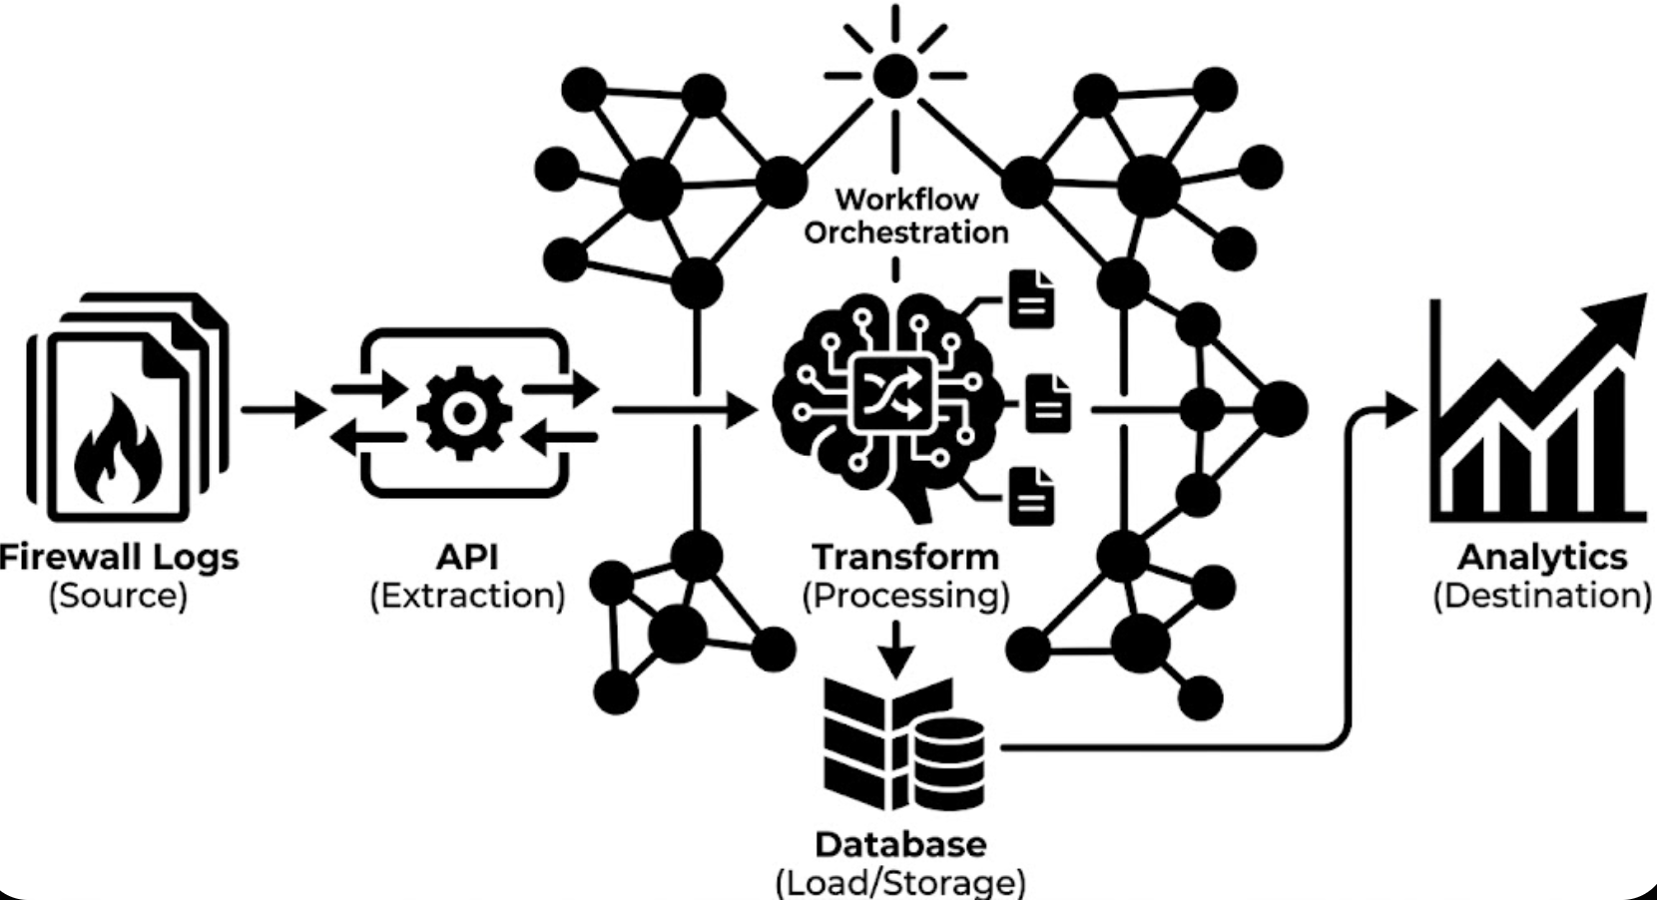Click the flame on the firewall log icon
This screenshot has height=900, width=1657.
pyautogui.click(x=118, y=448)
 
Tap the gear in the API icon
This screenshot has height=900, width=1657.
pyautogui.click(x=463, y=412)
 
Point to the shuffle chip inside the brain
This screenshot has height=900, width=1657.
pyautogui.click(x=892, y=391)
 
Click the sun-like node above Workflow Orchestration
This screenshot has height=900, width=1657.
pyautogui.click(x=894, y=75)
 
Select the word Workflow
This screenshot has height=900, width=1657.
pyautogui.click(x=906, y=199)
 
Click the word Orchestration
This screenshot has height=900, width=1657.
pyautogui.click(x=906, y=232)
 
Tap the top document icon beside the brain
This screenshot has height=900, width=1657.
pyautogui.click(x=1031, y=299)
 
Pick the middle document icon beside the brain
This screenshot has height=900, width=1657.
pyautogui.click(x=1048, y=403)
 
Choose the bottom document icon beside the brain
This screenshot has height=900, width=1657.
pyautogui.click(x=1031, y=496)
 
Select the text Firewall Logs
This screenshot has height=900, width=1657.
pyautogui.click(x=120, y=556)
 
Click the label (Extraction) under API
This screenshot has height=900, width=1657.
pyautogui.click(x=467, y=596)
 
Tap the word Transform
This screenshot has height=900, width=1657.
pyautogui.click(x=905, y=556)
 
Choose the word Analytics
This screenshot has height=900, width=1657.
pyautogui.click(x=1542, y=556)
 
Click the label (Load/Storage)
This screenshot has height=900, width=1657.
pyautogui.click(x=900, y=882)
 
